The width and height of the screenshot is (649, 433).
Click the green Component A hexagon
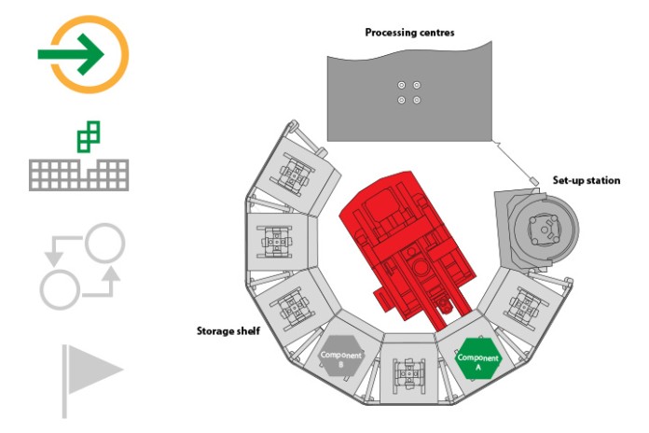point(478,359)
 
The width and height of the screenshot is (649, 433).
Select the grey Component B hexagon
point(341,356)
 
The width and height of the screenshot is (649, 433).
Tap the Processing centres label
point(409,33)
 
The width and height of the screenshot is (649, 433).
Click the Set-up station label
point(587,180)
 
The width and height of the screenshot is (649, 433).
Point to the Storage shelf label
point(228,330)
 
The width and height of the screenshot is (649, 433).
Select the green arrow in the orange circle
point(70,54)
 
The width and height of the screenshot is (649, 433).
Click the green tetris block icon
point(89,137)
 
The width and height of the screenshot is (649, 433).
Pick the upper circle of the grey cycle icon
point(104,244)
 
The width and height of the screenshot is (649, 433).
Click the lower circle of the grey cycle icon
point(60,288)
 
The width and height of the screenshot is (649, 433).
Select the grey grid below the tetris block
point(78,175)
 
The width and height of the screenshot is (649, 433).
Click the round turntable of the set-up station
point(544,230)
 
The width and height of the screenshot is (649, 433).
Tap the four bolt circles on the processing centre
point(409,92)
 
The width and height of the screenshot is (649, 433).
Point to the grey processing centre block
point(409,92)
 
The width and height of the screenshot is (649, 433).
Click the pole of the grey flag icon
point(64,381)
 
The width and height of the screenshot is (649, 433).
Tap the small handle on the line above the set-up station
point(534,181)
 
